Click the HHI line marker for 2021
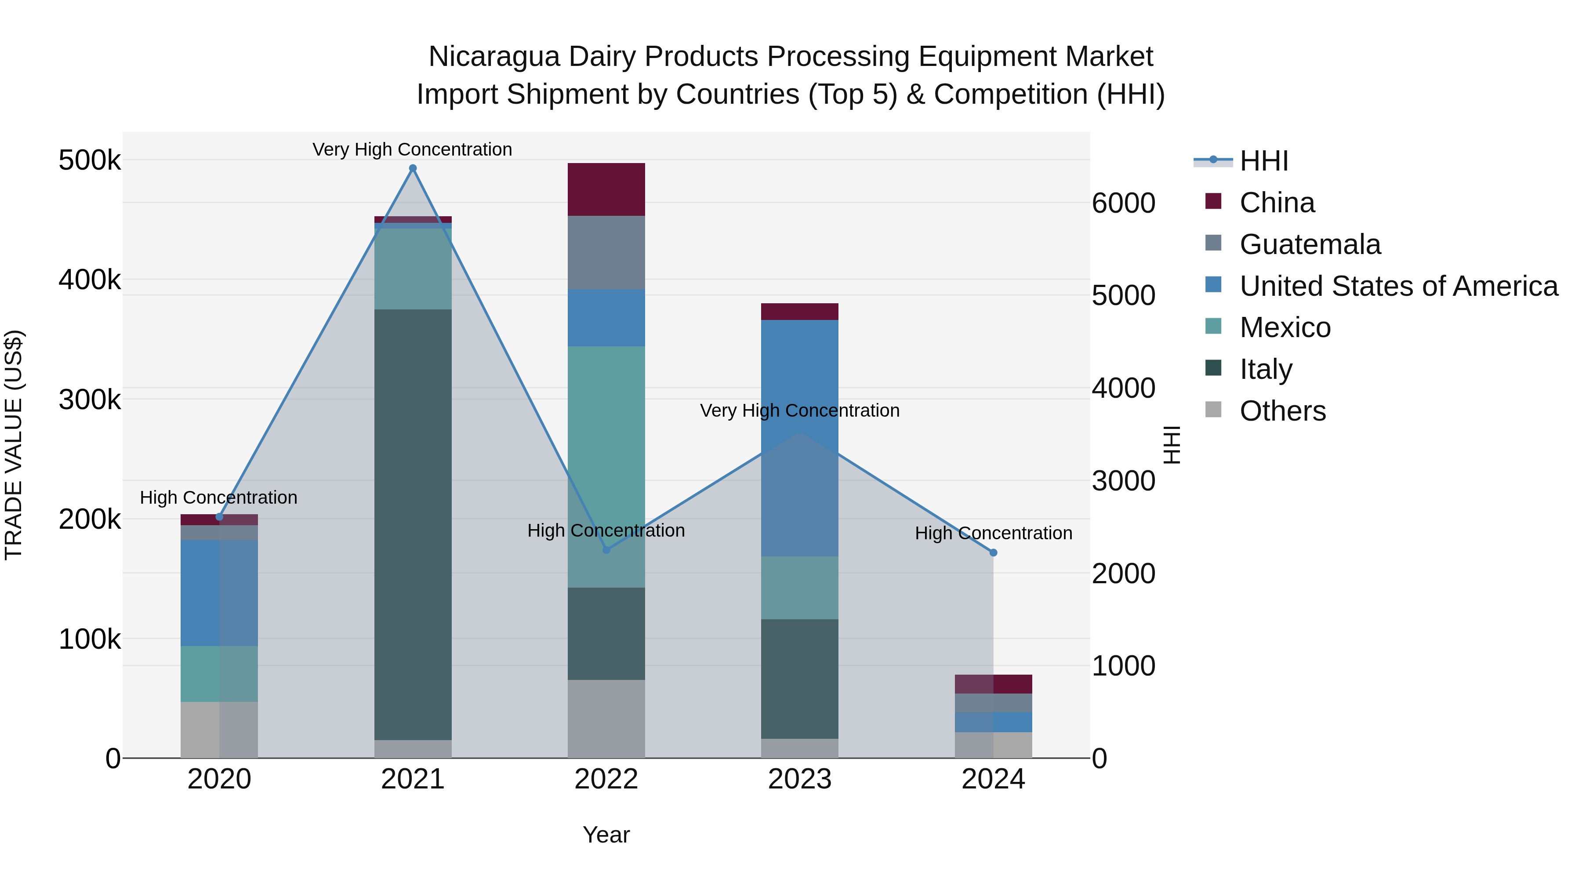click(413, 168)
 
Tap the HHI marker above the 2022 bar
click(606, 550)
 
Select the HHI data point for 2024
click(993, 553)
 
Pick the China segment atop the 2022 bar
click(606, 189)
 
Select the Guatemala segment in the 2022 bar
click(606, 252)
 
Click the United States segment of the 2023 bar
click(800, 437)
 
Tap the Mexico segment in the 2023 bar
click(800, 587)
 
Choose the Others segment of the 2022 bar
click(606, 718)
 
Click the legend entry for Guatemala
click(1310, 244)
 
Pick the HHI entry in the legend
click(1263, 161)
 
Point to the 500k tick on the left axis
click(90, 160)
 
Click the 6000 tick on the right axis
click(1123, 203)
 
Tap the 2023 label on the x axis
click(800, 779)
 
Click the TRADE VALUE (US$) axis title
click(14, 445)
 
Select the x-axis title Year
click(606, 835)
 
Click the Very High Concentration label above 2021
click(412, 149)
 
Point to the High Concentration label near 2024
click(993, 533)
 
